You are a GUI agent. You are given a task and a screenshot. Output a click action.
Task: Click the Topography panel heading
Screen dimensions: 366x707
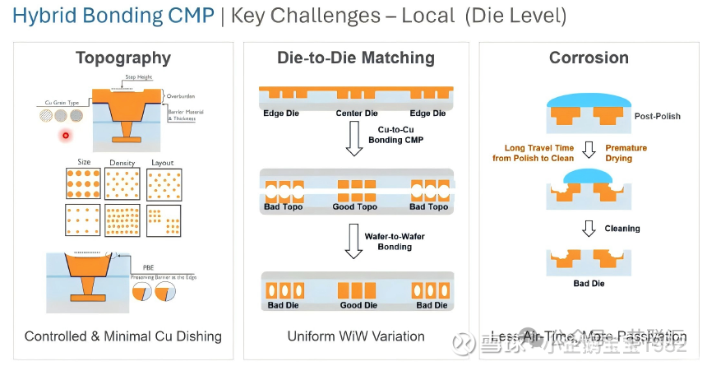[x=123, y=58]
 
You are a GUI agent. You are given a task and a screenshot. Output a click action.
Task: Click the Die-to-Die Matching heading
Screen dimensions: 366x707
[x=356, y=58]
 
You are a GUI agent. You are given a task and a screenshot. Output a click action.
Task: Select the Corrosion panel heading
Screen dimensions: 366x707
[x=588, y=58]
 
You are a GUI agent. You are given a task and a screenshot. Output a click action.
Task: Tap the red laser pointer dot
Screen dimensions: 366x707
[x=64, y=134]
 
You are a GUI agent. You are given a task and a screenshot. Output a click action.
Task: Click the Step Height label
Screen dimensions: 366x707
[x=139, y=77]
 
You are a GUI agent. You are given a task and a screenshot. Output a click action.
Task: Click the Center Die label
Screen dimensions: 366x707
[x=356, y=113]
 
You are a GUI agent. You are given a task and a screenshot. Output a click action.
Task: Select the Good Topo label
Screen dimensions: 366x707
[x=356, y=206]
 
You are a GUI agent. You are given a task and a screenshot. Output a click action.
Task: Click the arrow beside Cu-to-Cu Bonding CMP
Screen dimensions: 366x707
[x=354, y=139]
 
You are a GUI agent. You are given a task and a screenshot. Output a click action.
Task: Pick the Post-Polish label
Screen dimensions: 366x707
[x=658, y=116]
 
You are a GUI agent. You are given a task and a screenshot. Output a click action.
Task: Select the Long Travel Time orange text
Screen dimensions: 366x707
[x=533, y=153]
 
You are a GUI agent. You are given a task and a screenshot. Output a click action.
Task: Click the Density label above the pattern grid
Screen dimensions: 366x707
[x=122, y=163]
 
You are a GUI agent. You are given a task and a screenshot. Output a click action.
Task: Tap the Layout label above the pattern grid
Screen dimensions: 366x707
[x=164, y=163]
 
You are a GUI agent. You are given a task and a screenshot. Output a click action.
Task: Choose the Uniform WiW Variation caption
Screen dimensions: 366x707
[x=356, y=336]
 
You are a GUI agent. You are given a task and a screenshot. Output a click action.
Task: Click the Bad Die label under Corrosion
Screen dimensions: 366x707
[x=589, y=284]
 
